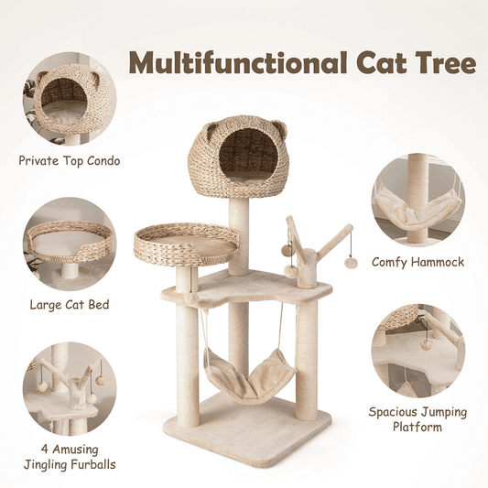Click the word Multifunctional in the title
[238, 62]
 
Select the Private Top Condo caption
[70, 161]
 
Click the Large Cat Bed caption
[70, 304]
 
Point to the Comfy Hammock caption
[418, 262]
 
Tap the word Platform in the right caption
[418, 427]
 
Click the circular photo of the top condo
[70, 99]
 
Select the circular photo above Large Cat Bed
[70, 244]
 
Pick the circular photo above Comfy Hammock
[418, 201]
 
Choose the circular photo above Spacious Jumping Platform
[418, 351]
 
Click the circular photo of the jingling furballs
[70, 389]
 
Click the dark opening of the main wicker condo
[248, 152]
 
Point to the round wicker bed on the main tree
[187, 244]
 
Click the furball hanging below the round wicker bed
[190, 298]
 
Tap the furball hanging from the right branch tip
[351, 264]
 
